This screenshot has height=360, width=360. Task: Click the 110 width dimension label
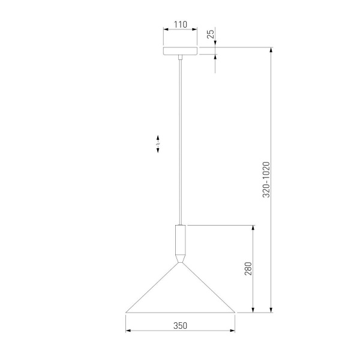pyautogui.click(x=181, y=25)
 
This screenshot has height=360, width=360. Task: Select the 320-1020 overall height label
pyautogui.click(x=266, y=179)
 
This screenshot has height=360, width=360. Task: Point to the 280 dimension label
pyautogui.click(x=248, y=268)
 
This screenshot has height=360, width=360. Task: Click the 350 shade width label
pyautogui.click(x=180, y=326)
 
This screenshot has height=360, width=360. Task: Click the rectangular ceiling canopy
pyautogui.click(x=180, y=51)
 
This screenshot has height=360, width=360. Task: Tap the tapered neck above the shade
pyautogui.click(x=181, y=259)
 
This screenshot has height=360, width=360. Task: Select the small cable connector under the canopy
pyautogui.click(x=181, y=58)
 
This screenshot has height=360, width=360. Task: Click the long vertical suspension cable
pyautogui.click(x=181, y=142)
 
